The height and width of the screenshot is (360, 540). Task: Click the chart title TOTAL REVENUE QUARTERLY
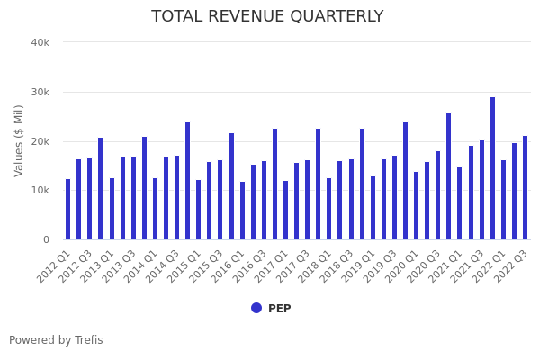point(267,17)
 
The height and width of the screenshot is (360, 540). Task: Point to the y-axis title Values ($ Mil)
point(19,140)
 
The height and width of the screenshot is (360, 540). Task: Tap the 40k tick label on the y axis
point(40,42)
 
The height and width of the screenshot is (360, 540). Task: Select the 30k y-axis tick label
point(40,92)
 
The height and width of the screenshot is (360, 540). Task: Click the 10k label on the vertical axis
point(40,190)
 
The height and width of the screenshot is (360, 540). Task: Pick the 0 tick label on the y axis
point(45,239)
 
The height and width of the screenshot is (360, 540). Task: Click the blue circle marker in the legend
point(256,308)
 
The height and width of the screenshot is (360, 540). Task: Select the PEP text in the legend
point(279,309)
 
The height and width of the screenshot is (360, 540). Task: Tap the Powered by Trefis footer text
point(56,340)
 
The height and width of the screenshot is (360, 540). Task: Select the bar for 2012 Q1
point(67,209)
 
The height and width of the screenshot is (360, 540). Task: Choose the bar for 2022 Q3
point(525,187)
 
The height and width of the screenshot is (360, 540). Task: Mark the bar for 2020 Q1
point(416,205)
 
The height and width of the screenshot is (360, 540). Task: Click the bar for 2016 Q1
point(242,211)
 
